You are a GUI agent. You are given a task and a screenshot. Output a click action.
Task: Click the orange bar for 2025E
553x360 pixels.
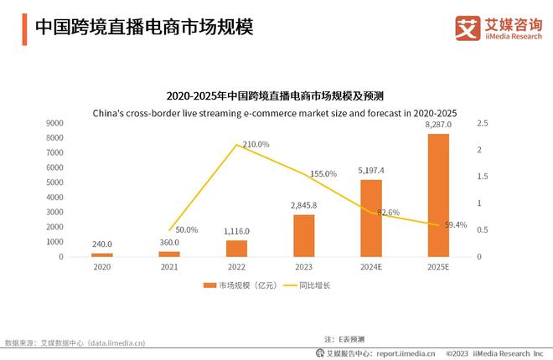[438, 195]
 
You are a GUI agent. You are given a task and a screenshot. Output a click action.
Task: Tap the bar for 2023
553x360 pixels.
[303, 235]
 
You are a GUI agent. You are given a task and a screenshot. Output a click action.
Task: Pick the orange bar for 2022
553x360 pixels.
[236, 248]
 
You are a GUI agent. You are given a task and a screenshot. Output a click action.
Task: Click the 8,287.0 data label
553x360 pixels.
[438, 125]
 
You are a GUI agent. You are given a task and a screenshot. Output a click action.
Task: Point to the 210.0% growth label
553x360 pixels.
[256, 144]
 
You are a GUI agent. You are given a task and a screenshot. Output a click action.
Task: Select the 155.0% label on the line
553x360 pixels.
[323, 174]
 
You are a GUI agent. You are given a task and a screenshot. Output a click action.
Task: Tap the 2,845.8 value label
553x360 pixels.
[303, 206]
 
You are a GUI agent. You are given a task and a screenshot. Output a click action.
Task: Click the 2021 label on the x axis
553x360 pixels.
[169, 267]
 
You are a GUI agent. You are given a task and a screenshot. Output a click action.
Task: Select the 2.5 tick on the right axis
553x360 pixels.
[480, 123]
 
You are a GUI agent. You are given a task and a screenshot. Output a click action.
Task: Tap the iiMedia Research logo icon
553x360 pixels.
[465, 28]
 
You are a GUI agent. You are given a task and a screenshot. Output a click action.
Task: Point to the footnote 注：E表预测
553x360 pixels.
[344, 338]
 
